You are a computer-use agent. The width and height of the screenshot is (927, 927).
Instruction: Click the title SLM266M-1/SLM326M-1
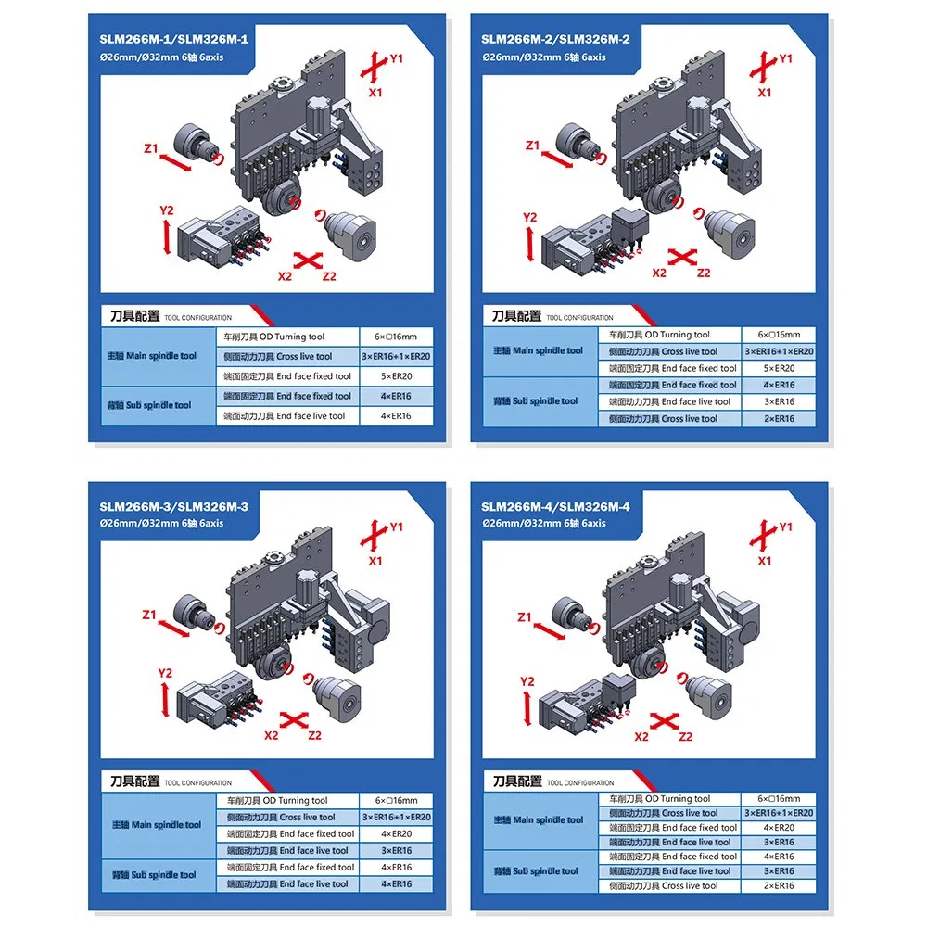[174, 39]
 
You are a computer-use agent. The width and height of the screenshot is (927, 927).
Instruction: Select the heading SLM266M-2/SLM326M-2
[555, 39]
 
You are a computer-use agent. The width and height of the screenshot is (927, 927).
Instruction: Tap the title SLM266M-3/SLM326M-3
[174, 506]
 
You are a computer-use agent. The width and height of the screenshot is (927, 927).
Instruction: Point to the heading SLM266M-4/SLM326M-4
[555, 506]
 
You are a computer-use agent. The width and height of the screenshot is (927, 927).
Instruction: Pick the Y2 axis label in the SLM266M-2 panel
[529, 218]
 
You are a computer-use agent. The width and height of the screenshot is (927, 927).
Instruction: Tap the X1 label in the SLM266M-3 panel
[375, 561]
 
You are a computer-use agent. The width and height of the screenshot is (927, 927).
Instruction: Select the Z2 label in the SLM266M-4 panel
[686, 737]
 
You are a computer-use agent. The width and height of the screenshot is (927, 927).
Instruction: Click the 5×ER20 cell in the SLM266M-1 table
[396, 376]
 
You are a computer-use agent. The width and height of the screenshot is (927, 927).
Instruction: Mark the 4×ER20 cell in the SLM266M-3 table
[396, 833]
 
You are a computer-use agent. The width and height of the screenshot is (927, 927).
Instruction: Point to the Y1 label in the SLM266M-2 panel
[785, 58]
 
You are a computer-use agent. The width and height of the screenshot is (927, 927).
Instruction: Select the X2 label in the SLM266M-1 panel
[285, 275]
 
